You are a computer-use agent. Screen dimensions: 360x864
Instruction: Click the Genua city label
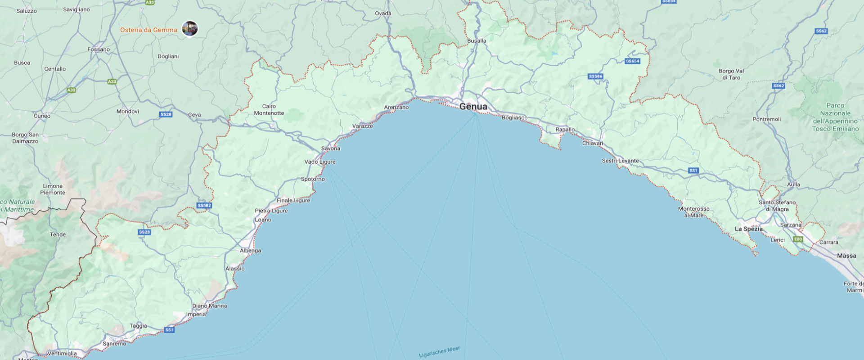[x=473, y=107]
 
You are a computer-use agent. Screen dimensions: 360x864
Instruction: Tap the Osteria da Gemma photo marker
[x=189, y=29]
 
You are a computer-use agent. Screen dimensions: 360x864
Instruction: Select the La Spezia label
[x=748, y=229]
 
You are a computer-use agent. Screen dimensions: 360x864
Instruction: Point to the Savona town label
[x=331, y=148]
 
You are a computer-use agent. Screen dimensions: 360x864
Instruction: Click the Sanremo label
[x=114, y=344]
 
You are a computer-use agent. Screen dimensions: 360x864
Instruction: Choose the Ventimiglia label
[x=62, y=353]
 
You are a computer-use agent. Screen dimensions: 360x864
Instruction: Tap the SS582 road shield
[x=204, y=206]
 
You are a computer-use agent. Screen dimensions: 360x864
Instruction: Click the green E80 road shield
[x=798, y=239]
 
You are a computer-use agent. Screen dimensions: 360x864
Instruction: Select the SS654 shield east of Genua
[x=632, y=61]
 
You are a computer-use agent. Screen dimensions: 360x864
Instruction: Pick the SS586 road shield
[x=595, y=76]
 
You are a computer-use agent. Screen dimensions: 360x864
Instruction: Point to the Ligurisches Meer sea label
[x=439, y=351]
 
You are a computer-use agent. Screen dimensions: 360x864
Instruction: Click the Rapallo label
[x=565, y=130]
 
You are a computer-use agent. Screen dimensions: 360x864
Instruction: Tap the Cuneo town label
[x=42, y=116]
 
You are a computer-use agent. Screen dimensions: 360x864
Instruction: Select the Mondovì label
[x=128, y=111]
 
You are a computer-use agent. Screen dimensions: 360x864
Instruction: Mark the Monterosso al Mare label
[x=693, y=212]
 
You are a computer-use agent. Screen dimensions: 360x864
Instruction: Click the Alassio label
[x=235, y=269]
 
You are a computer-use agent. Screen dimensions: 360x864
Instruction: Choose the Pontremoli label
[x=766, y=119]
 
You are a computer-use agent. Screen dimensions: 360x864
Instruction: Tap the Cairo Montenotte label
[x=269, y=110]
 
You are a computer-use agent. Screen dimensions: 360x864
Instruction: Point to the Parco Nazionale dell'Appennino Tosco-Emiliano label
[x=835, y=117]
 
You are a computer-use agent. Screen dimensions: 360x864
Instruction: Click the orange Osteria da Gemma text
[x=148, y=30]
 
